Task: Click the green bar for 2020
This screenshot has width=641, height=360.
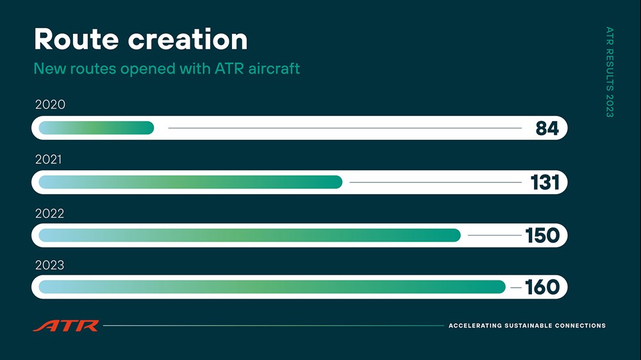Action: (x=97, y=128)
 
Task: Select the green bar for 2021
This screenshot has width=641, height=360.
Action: (x=190, y=183)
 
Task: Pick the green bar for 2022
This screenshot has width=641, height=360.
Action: (x=250, y=235)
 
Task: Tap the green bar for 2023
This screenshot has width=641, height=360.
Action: (x=272, y=287)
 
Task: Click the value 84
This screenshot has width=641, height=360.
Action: (x=547, y=128)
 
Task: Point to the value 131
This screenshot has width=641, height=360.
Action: (x=544, y=183)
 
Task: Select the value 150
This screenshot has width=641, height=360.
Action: (x=542, y=235)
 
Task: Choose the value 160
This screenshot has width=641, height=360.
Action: (x=542, y=287)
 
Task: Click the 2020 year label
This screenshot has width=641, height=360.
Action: (x=50, y=104)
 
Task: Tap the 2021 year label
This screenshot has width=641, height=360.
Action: (x=49, y=159)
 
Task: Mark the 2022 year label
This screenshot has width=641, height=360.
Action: (x=50, y=213)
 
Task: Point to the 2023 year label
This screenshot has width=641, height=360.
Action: (x=50, y=265)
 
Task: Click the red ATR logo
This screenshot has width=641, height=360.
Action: (x=66, y=325)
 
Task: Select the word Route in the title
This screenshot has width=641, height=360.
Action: (x=76, y=39)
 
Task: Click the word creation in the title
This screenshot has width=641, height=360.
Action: (x=188, y=39)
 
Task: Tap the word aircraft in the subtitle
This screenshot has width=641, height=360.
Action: (x=274, y=69)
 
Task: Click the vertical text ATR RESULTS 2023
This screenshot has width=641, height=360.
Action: (x=610, y=72)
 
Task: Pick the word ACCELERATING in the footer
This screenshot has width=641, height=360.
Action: (x=475, y=325)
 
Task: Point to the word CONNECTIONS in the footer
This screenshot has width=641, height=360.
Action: (x=580, y=325)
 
